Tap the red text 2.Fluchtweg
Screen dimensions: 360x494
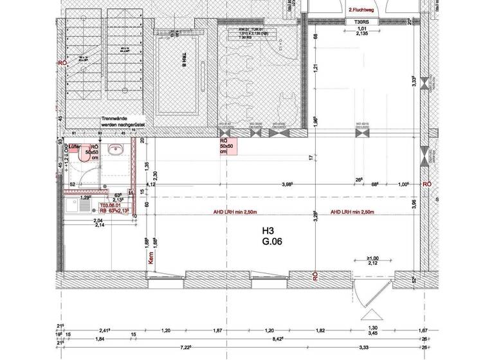click(x=362, y=10)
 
